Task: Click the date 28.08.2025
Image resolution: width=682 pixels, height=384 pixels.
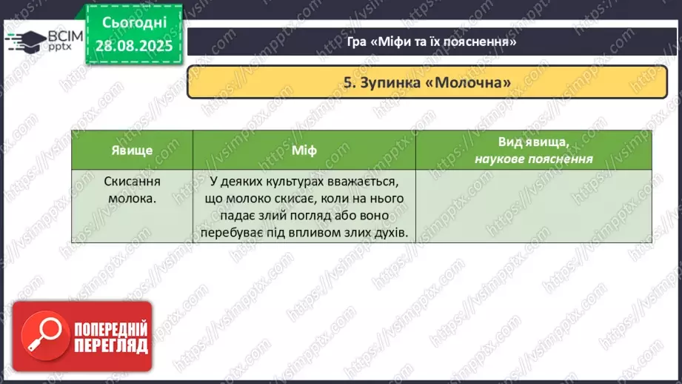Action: (134, 45)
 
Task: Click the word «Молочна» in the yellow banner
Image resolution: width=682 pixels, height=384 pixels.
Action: (468, 82)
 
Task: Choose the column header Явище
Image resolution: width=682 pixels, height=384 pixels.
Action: (132, 150)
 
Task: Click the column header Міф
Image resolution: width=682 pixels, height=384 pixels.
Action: (304, 150)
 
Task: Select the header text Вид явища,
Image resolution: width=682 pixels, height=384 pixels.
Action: (533, 142)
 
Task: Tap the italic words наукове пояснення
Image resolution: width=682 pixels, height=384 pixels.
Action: (533, 158)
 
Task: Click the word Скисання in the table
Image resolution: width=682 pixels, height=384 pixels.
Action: (132, 182)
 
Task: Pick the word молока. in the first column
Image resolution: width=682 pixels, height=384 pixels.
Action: (132, 198)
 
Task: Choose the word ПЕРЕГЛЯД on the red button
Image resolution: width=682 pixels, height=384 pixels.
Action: (110, 345)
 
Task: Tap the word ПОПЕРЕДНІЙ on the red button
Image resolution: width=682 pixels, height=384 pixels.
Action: (110, 329)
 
